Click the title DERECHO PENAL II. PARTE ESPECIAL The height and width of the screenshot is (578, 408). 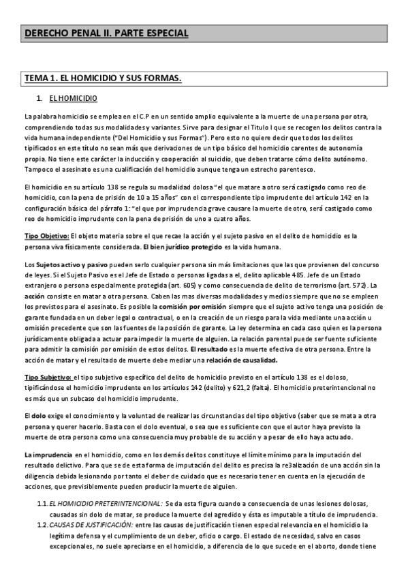106,33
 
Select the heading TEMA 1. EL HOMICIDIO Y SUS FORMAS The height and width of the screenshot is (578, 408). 102,79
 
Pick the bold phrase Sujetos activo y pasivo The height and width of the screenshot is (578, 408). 68,264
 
